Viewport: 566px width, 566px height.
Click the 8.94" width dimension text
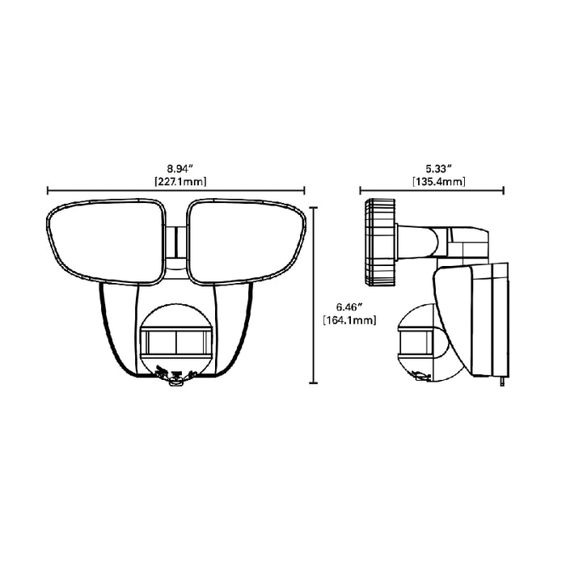[176, 168]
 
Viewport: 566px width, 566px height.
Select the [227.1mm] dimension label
[176, 181]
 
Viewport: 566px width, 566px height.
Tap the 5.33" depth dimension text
[433, 168]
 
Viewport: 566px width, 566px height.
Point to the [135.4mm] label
[433, 181]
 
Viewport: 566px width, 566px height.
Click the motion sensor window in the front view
[175, 342]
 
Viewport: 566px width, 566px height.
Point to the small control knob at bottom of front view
[175, 385]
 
